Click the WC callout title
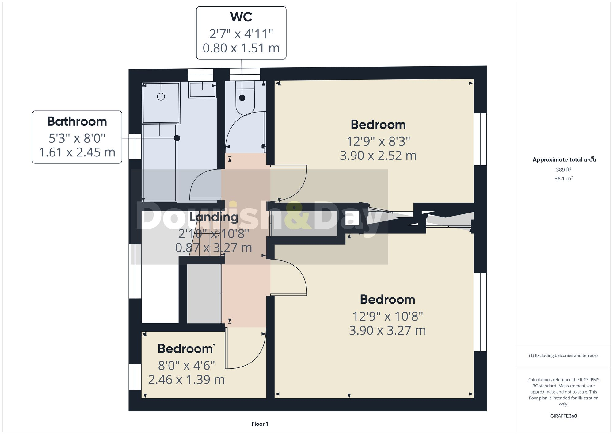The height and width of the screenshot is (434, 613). (241, 17)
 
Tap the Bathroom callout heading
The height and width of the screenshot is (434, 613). (77, 121)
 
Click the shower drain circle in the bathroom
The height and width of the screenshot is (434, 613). (161, 97)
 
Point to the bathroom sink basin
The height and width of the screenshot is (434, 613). (202, 90)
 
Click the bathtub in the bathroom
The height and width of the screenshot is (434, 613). (159, 163)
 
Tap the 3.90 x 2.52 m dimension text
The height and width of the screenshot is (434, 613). (378, 156)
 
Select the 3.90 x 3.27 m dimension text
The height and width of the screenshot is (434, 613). (387, 331)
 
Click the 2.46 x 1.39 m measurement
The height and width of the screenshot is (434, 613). (186, 380)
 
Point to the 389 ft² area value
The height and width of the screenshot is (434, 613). (563, 170)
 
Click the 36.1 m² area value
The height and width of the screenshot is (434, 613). (563, 179)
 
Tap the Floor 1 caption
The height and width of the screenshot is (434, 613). (260, 424)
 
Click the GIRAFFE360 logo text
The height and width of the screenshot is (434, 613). (563, 416)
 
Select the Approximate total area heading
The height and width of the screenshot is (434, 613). (563, 159)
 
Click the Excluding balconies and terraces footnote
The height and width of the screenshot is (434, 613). (563, 355)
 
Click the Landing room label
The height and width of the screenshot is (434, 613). (214, 217)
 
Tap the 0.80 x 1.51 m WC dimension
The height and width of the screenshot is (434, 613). (241, 48)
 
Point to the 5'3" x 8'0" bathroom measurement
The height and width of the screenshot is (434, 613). (77, 138)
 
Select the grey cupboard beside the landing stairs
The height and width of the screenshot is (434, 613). (204, 294)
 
